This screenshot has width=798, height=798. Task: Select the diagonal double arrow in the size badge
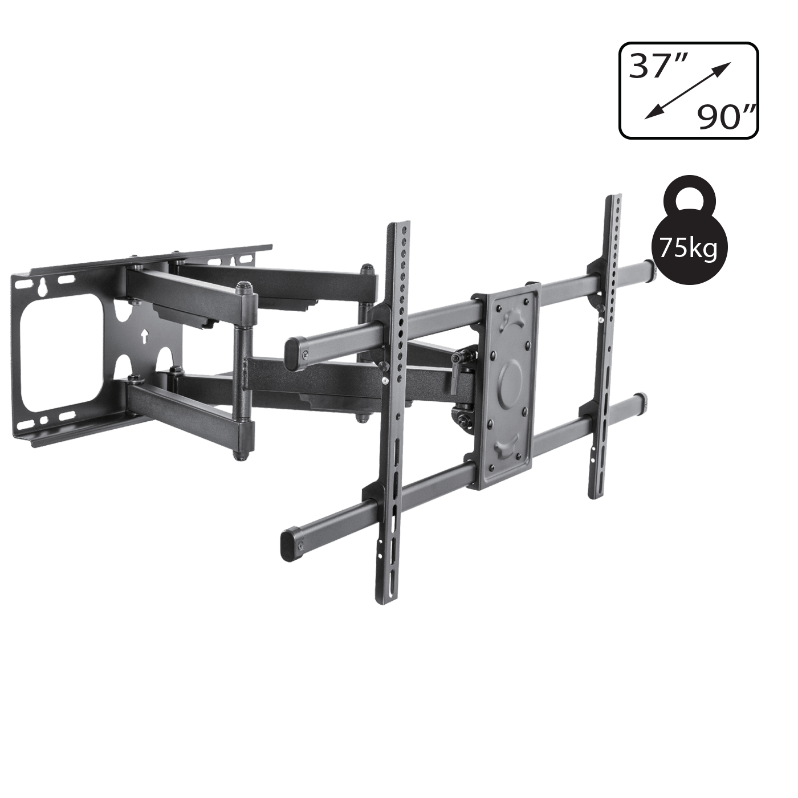pyautogui.click(x=688, y=90)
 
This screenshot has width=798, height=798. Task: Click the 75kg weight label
pyautogui.click(x=688, y=249)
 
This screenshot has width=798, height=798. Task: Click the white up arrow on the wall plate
pyautogui.click(x=144, y=336)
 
